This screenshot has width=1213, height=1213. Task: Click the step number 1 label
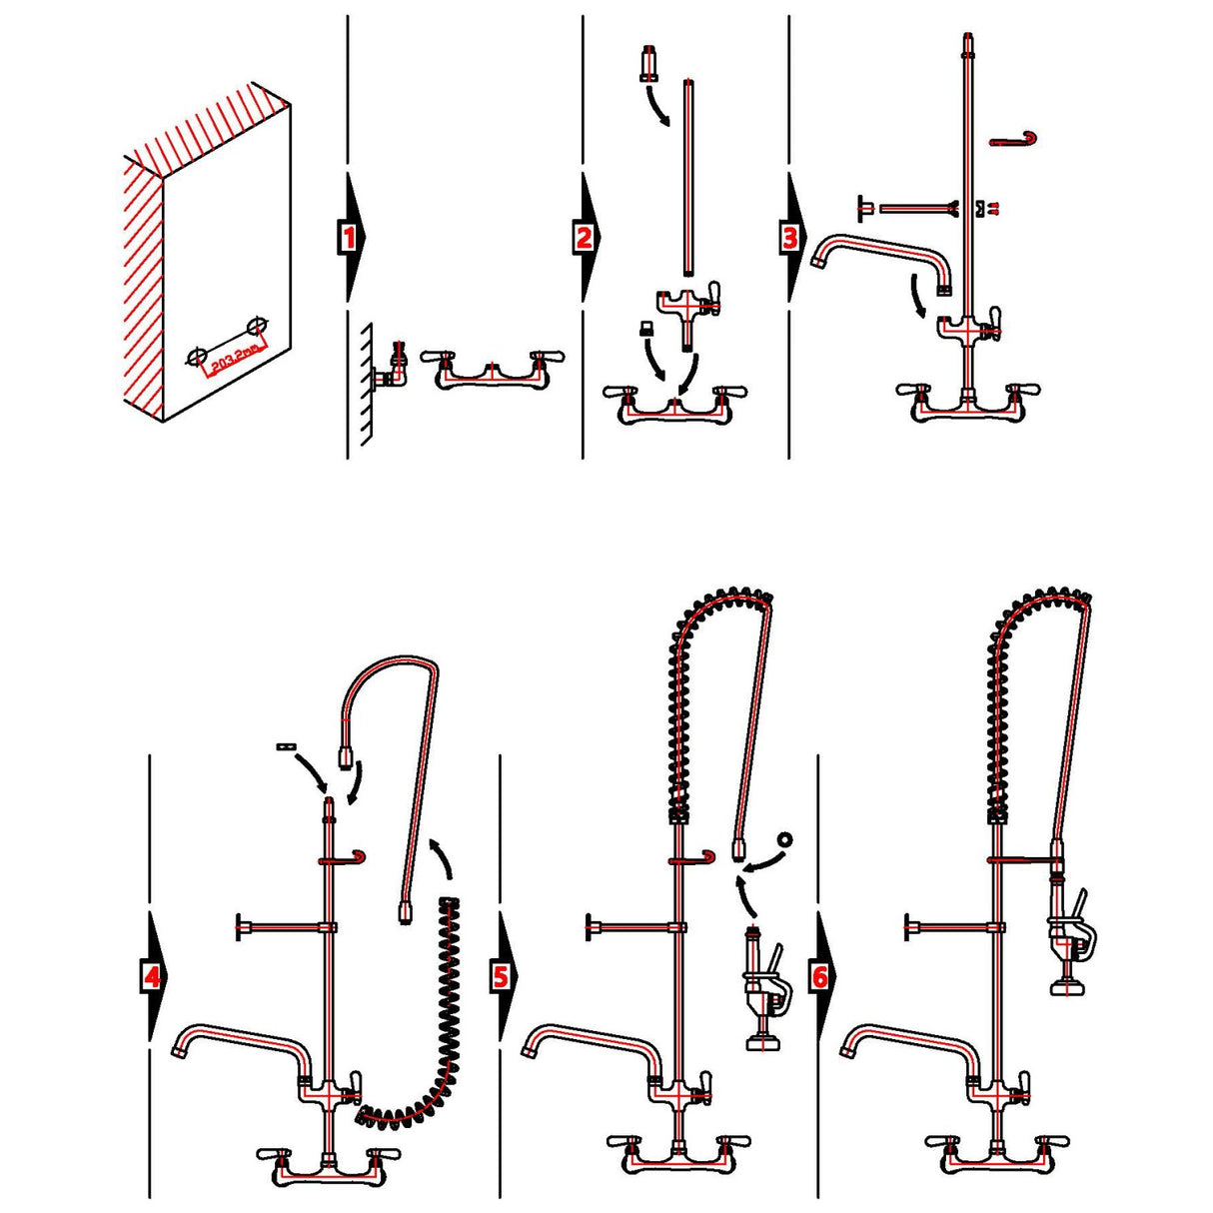coord(348,238)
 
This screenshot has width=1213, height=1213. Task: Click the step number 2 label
coord(585,238)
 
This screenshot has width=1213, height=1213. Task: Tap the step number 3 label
coord(790,238)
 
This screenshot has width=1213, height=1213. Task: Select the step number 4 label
coord(151,976)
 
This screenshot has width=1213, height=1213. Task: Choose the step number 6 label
coord(819,976)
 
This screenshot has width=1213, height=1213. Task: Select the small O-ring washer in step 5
coord(784,838)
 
